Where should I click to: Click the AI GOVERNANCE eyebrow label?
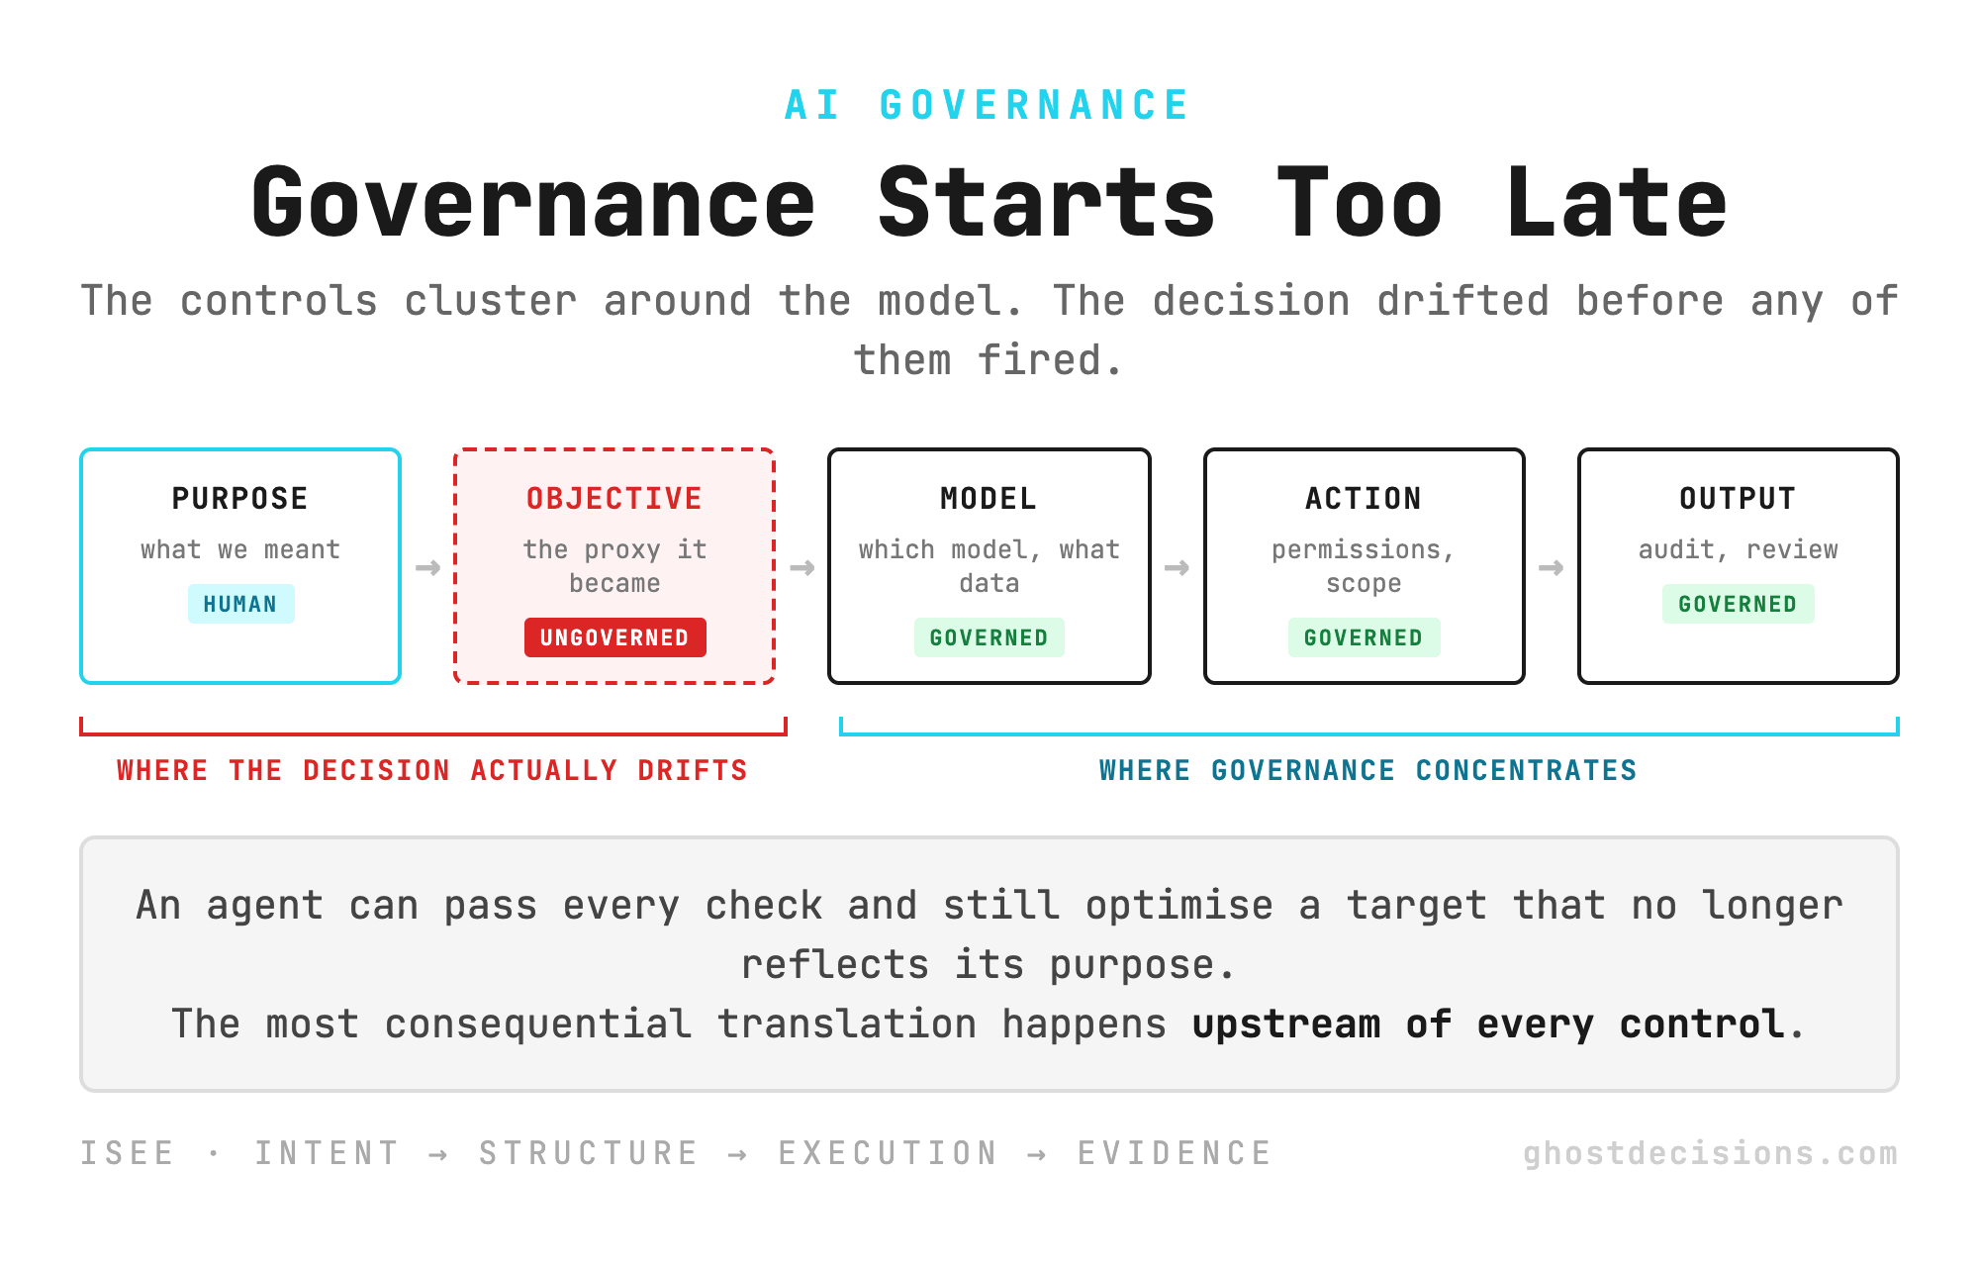click(x=988, y=105)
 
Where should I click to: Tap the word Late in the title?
click(x=1617, y=203)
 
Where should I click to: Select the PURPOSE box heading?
click(x=240, y=498)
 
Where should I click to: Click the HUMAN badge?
click(x=240, y=604)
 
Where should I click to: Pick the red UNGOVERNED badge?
click(x=614, y=637)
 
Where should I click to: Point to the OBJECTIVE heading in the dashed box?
click(x=614, y=498)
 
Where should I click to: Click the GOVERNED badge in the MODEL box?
click(x=989, y=637)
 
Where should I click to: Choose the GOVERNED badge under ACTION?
click(x=1364, y=637)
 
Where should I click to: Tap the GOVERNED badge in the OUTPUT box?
click(x=1738, y=604)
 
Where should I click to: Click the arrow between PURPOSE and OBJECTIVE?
click(x=427, y=567)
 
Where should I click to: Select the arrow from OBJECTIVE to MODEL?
click(x=801, y=567)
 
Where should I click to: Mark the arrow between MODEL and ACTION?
click(x=1177, y=567)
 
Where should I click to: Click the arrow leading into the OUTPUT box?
click(x=1551, y=567)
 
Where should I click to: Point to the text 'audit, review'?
click(x=1738, y=549)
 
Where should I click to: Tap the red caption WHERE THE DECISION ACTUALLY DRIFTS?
click(x=432, y=770)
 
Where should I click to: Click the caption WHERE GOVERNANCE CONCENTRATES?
click(x=1368, y=770)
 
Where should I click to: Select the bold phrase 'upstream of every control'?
click(x=1489, y=1025)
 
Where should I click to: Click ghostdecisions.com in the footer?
click(x=1710, y=1153)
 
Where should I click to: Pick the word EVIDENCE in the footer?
click(x=1175, y=1153)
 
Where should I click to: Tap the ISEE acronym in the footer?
click(x=128, y=1153)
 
